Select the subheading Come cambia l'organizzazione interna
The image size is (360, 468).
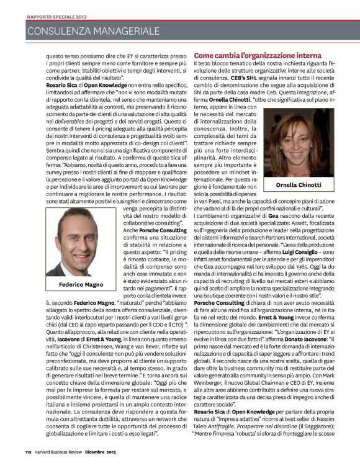pyautogui.click(x=250, y=55)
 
